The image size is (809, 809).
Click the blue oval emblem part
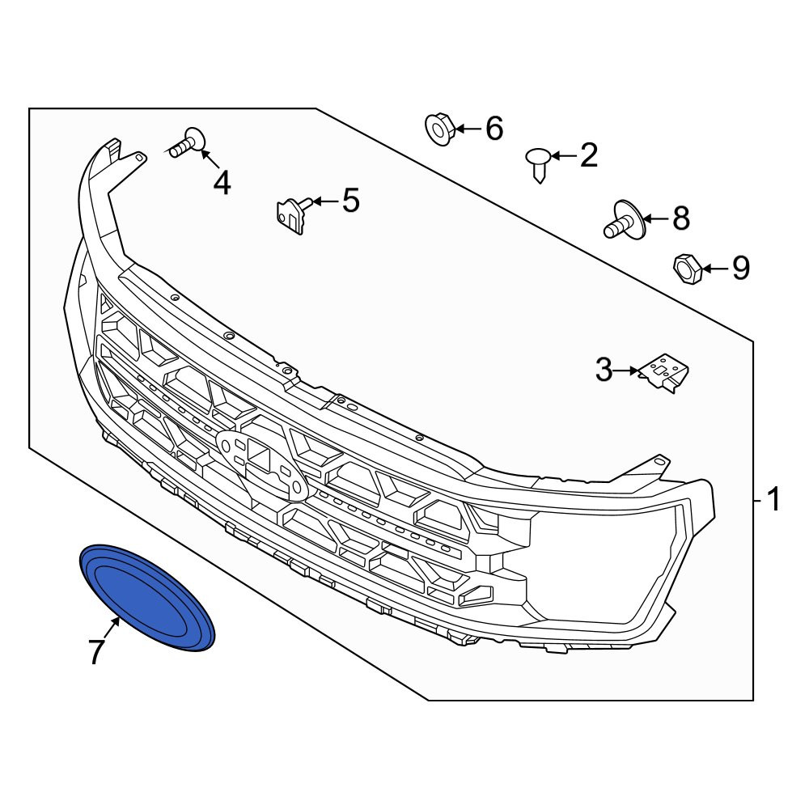[x=147, y=597]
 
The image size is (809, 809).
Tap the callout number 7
[x=96, y=651]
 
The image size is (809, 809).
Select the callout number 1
[x=773, y=500]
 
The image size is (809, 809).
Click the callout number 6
[x=494, y=128]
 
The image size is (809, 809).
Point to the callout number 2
[x=589, y=155]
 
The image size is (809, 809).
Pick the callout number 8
[x=681, y=218]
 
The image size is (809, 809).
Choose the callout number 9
[x=741, y=268]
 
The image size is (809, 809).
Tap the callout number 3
[x=604, y=370]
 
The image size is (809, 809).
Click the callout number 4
[x=222, y=183]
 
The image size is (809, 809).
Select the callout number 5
[x=351, y=200]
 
